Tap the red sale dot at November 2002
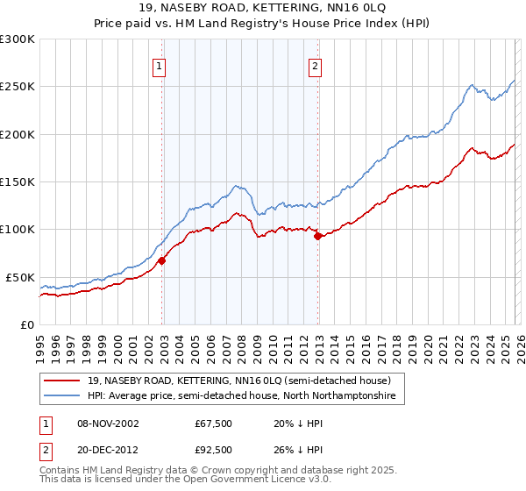coord(162,260)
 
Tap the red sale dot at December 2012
coord(318,237)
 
